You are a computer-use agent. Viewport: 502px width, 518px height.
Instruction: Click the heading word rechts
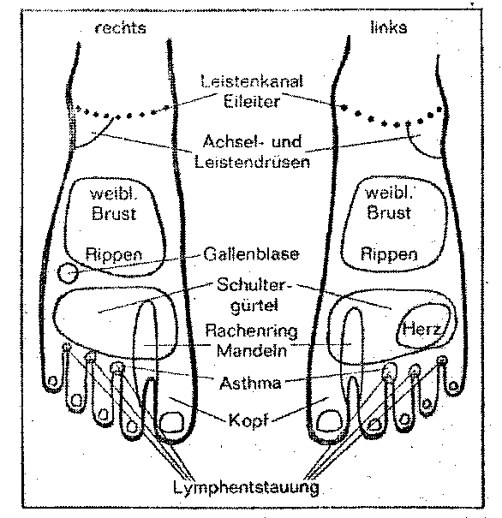[x=120, y=28]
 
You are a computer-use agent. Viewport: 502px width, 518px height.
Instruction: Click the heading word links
[x=389, y=27]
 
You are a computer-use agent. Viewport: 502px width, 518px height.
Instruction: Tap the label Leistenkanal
[x=252, y=81]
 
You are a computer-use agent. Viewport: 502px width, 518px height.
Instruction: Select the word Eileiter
[x=252, y=101]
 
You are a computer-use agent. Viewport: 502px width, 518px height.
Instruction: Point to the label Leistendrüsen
[x=252, y=162]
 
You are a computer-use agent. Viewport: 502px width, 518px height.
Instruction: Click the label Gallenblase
[x=251, y=254]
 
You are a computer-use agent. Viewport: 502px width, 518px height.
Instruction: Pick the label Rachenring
[x=251, y=331]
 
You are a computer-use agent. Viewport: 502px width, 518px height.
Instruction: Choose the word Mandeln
[x=252, y=350]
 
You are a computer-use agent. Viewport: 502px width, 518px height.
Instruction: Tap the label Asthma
[x=250, y=384]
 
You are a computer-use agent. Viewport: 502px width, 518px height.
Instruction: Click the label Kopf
[x=248, y=420]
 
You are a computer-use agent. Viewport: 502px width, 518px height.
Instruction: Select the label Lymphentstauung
[x=246, y=487]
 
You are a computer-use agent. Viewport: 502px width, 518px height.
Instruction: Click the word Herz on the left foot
[x=421, y=329]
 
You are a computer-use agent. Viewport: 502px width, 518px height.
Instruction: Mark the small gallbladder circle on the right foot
[x=68, y=273]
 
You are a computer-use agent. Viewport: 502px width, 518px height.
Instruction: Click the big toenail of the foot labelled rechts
[x=171, y=421]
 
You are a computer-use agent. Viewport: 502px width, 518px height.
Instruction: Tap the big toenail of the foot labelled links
[x=330, y=420]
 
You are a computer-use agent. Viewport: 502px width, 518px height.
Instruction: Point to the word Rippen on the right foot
[x=114, y=254]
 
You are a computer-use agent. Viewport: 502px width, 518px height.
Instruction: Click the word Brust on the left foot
[x=389, y=212]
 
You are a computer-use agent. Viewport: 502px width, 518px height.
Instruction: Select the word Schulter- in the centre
[x=254, y=284]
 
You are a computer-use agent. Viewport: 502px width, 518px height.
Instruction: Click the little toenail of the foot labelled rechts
[x=52, y=382]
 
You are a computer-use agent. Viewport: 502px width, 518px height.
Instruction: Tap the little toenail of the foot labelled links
[x=453, y=385]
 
